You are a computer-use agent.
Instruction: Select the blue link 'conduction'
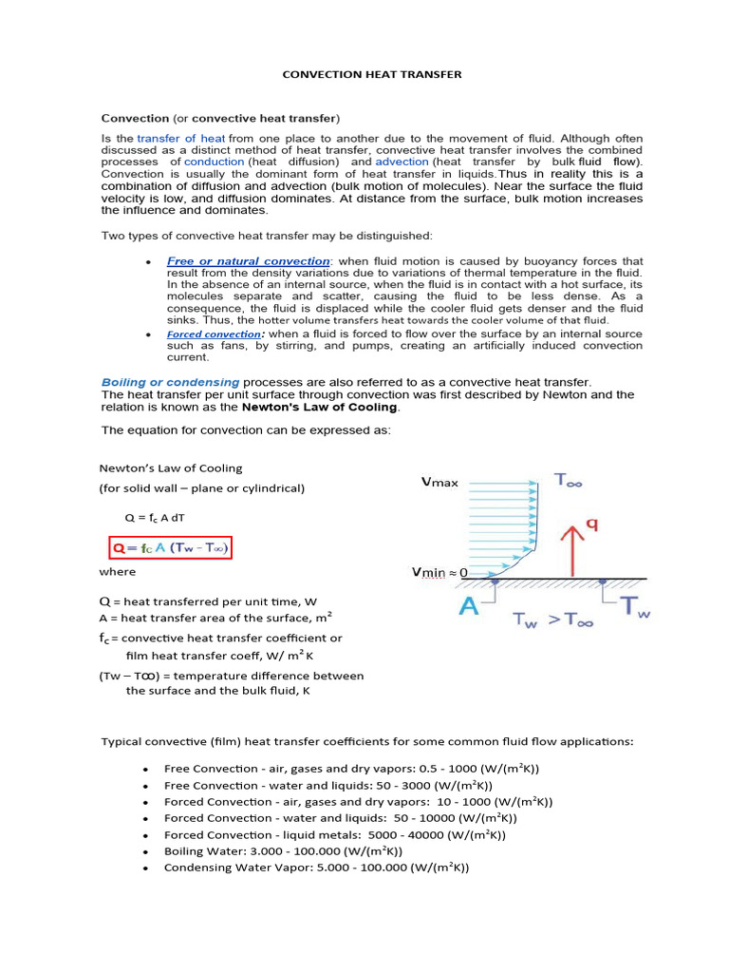pyautogui.click(x=215, y=162)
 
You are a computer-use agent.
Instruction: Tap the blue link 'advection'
pyautogui.click(x=402, y=162)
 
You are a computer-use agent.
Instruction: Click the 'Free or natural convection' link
pyautogui.click(x=248, y=260)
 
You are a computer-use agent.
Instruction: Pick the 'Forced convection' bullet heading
pyautogui.click(x=214, y=334)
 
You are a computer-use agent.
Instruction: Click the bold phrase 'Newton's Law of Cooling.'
pyautogui.click(x=322, y=407)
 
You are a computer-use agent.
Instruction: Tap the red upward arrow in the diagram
pyautogui.click(x=570, y=549)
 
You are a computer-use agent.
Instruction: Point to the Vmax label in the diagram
pyautogui.click(x=439, y=483)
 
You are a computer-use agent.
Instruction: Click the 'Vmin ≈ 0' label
pyautogui.click(x=446, y=573)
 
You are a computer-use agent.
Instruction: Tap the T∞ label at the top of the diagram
pyautogui.click(x=570, y=482)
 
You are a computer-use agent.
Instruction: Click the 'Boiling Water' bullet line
pyautogui.click(x=283, y=851)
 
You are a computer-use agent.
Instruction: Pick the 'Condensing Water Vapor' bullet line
pyautogui.click(x=316, y=868)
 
